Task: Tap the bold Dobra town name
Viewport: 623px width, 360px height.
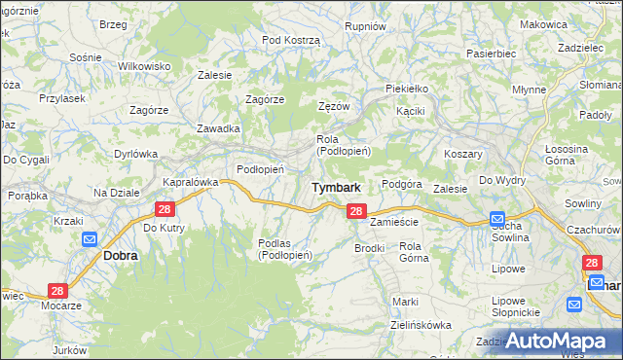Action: pos(120,255)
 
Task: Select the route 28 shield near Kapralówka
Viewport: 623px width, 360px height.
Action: pos(165,209)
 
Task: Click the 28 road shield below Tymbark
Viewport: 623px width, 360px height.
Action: pos(356,211)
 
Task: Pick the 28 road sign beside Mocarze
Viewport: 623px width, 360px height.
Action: pos(57,290)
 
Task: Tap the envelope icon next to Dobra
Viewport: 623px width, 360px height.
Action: pos(90,238)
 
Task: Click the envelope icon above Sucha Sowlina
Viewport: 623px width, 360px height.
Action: pos(496,219)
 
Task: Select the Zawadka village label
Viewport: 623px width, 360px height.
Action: pos(218,128)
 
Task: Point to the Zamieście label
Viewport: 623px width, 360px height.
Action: pos(394,222)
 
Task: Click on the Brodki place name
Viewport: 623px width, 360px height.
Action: pos(370,249)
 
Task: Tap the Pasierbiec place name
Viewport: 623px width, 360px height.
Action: pos(490,54)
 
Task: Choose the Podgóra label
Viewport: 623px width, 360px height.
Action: pos(401,184)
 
